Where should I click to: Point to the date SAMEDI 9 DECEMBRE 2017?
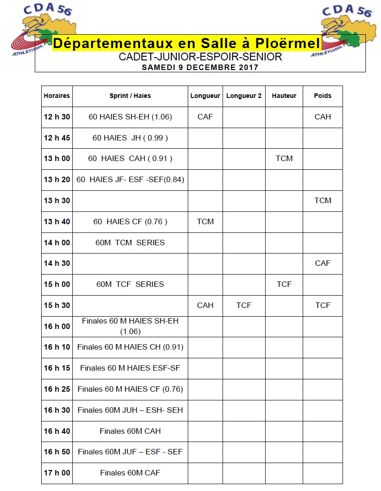coord(200,67)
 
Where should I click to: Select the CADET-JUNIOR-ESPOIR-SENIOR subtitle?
coord(200,57)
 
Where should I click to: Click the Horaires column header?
coord(57,96)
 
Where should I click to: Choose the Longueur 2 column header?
coord(244,96)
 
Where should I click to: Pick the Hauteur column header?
coord(284,96)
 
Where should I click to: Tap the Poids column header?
coord(322,96)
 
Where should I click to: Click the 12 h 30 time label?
coord(57,117)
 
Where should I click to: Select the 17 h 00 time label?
coord(57,473)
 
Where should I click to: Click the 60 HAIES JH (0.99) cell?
coord(130,138)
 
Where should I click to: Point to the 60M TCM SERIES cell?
coord(130,243)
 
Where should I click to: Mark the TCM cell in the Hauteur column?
coord(284,158)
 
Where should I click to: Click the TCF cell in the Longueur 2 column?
coord(244,305)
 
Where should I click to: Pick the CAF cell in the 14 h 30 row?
coord(322,263)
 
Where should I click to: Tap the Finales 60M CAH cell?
coord(130,431)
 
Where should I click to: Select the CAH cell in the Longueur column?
coord(205,305)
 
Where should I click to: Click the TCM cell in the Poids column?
coord(322,200)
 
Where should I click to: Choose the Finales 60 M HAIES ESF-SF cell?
coord(130,368)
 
